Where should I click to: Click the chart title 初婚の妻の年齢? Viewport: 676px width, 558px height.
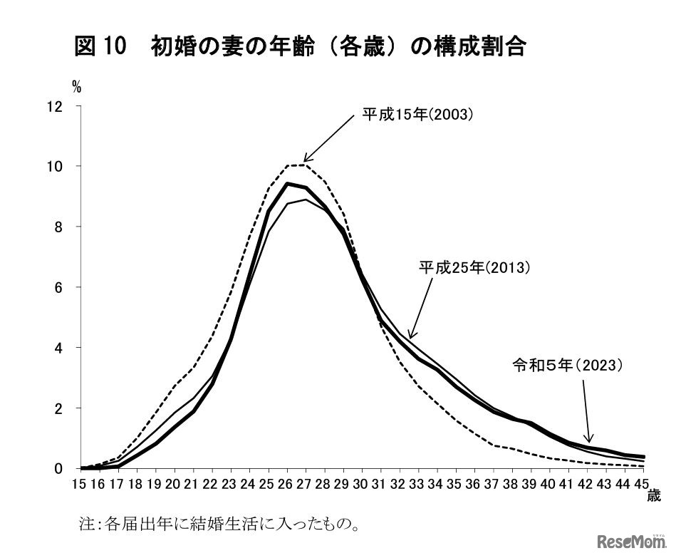(x=300, y=47)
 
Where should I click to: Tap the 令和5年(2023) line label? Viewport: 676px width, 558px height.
(x=568, y=366)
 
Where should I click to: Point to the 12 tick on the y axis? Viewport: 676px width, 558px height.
(x=55, y=107)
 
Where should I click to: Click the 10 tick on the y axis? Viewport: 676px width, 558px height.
(x=55, y=167)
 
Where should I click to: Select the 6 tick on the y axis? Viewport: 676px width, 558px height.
(x=58, y=288)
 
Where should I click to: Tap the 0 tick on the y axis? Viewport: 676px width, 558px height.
(x=58, y=469)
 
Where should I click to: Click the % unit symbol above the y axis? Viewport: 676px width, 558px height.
(x=76, y=88)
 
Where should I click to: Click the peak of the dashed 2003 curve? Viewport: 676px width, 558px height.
(x=297, y=165)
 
